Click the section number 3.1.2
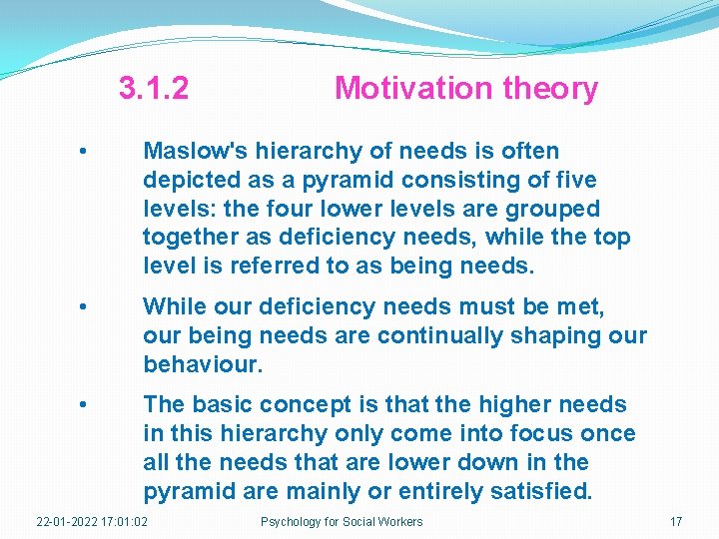point(153,89)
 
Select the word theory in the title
point(550,89)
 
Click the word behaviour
point(202,365)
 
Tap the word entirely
point(440,492)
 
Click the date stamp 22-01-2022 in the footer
point(67,522)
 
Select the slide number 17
point(676,522)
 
